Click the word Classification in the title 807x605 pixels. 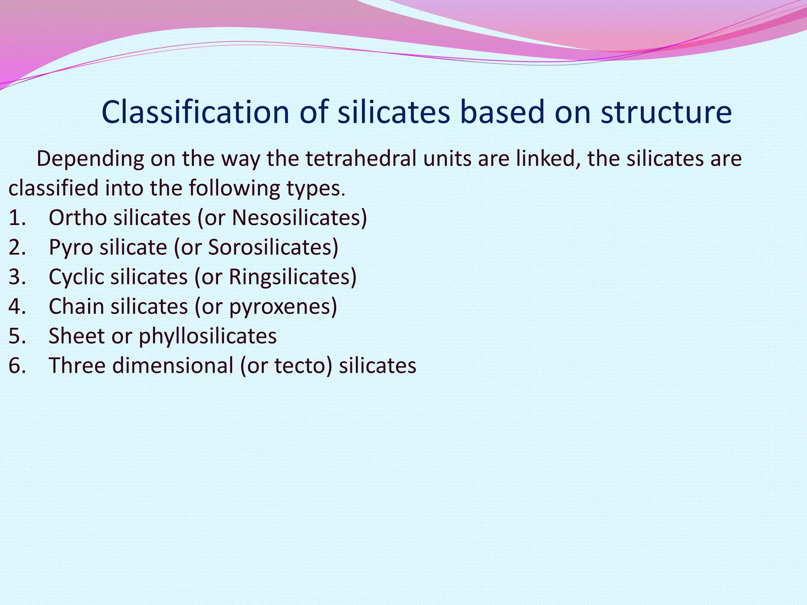click(x=195, y=112)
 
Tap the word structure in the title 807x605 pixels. click(x=666, y=112)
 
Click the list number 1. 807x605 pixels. click(x=17, y=218)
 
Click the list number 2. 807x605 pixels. click(x=17, y=247)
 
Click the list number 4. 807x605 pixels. click(x=17, y=306)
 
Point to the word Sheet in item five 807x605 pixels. click(x=76, y=336)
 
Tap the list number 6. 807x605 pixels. click(x=17, y=366)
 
